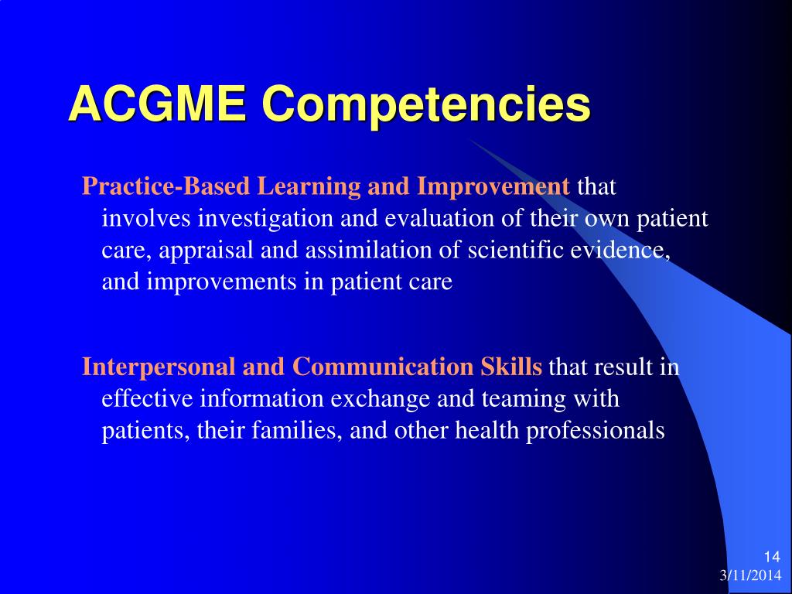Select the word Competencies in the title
(x=426, y=107)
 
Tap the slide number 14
(x=772, y=557)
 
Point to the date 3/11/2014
(x=750, y=575)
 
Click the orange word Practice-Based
(x=166, y=186)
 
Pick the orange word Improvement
(x=493, y=187)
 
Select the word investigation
(x=266, y=219)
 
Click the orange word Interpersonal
(x=159, y=367)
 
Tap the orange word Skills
(x=511, y=366)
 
